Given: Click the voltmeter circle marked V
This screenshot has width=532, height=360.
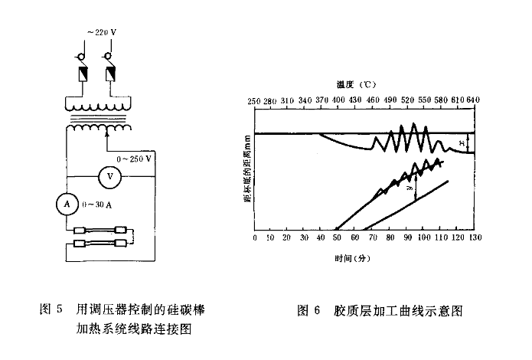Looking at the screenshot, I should (x=109, y=176).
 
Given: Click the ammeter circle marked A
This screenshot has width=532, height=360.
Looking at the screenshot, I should (x=67, y=204).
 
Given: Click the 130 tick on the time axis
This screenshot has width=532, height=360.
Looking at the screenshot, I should (x=475, y=238).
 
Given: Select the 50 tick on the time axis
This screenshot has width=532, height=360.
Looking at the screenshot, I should (x=338, y=238).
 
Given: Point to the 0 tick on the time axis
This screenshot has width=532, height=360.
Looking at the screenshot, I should (x=254, y=238).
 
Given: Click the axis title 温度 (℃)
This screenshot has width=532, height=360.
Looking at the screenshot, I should (x=356, y=85).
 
